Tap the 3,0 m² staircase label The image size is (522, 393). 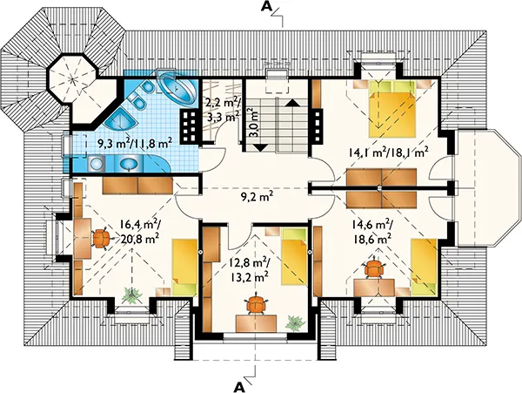(253, 122)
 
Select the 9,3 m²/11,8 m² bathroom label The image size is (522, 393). (135, 144)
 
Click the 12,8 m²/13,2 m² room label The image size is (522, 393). (249, 269)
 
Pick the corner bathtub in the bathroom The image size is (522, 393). (176, 88)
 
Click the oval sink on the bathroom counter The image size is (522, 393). (129, 164)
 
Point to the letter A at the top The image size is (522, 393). (266, 6)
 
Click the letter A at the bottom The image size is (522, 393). (238, 387)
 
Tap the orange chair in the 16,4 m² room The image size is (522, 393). (101, 238)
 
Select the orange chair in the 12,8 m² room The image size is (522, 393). (257, 304)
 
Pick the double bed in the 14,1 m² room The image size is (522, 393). (392, 109)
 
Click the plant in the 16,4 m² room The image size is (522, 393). (132, 295)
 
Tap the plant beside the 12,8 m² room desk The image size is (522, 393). (294, 323)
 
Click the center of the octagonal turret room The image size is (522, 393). (73, 78)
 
